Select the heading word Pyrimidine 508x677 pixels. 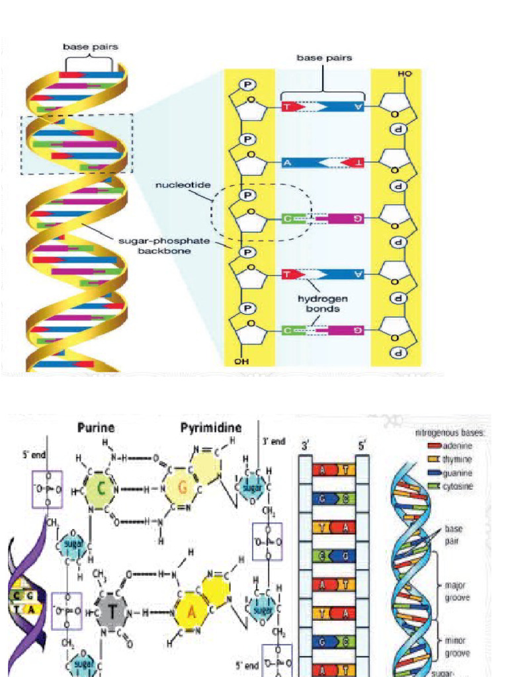(x=210, y=428)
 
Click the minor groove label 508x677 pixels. (x=457, y=647)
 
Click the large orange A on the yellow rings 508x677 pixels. (x=192, y=609)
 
